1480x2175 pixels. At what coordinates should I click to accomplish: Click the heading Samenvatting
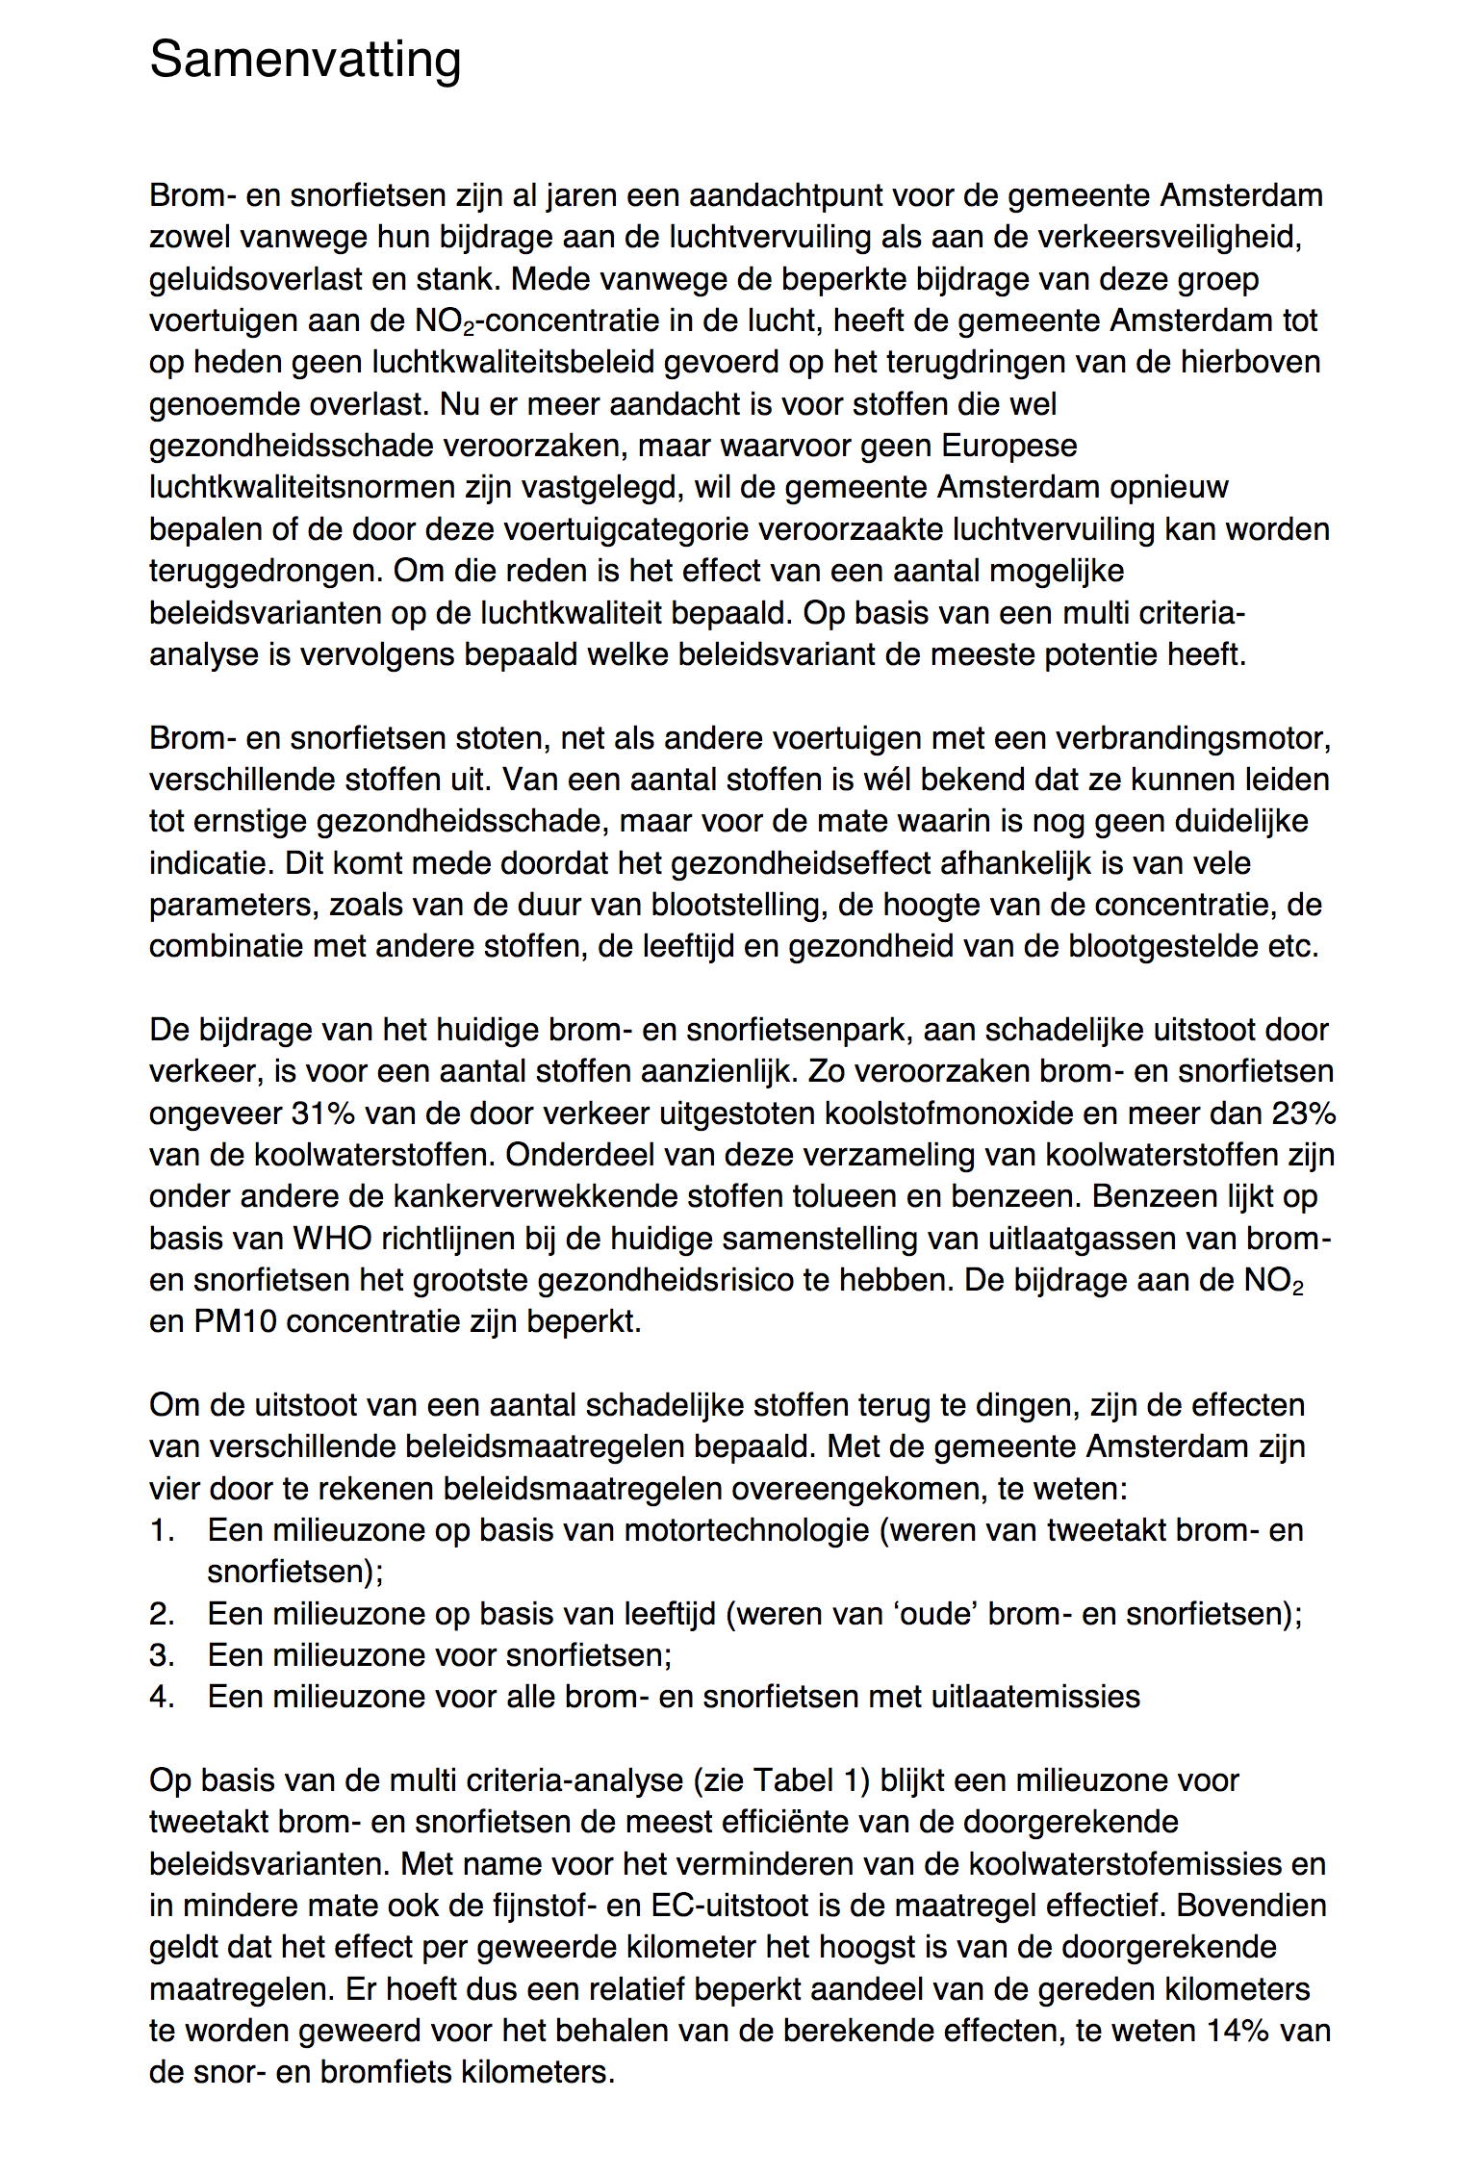[x=305, y=60]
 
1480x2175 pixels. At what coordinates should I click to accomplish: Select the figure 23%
[x=1304, y=1113]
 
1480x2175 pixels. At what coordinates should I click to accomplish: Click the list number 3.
[x=161, y=1655]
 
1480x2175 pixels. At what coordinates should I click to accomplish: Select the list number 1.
[x=161, y=1530]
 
